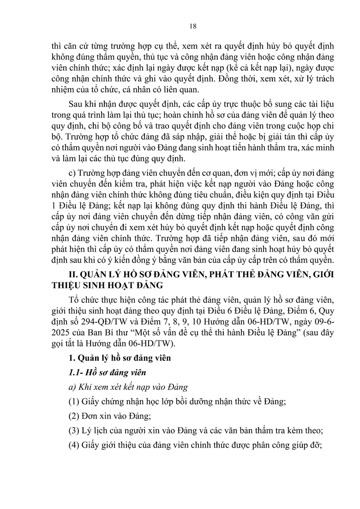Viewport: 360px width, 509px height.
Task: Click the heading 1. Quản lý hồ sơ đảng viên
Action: point(116,358)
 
